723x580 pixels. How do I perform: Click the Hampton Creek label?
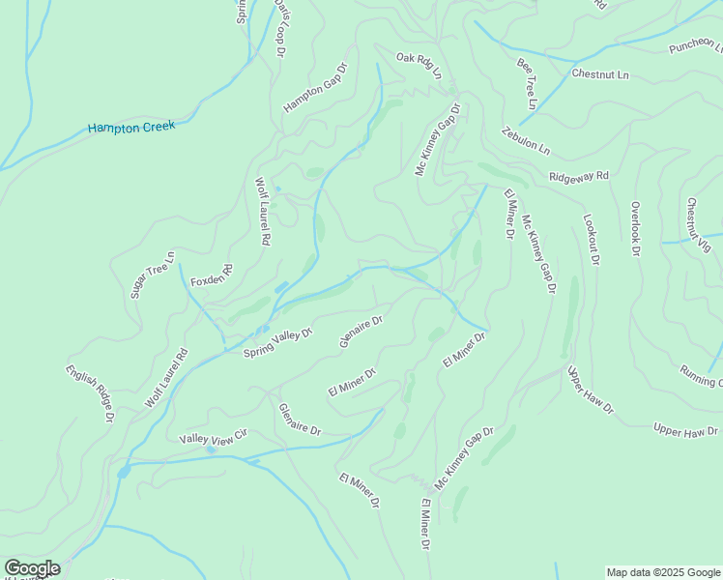131,127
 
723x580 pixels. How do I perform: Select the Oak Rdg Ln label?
419,65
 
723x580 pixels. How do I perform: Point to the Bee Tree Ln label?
527,83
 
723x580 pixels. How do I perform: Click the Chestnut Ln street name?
599,73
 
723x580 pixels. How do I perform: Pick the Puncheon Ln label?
695,45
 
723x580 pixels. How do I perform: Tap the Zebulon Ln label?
526,141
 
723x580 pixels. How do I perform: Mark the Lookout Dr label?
592,241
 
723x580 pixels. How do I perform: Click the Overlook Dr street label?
635,229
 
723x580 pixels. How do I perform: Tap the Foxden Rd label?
213,275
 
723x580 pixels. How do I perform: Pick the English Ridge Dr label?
90,393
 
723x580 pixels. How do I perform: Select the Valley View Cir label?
214,438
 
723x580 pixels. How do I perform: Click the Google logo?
32,568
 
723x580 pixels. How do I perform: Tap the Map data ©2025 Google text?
663,572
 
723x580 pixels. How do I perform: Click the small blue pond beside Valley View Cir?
211,449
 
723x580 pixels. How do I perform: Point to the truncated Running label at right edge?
701,375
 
